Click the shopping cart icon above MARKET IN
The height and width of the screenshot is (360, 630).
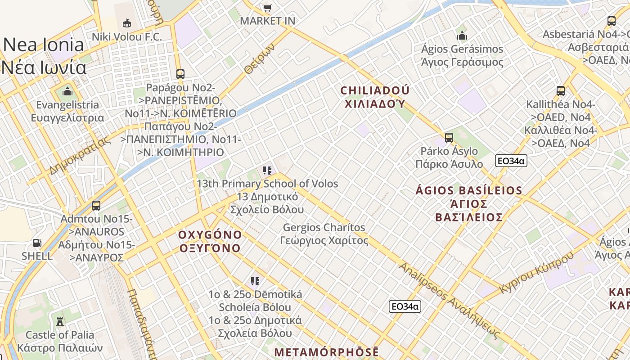(x=267, y=8)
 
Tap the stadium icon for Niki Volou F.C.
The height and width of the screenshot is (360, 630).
(x=127, y=23)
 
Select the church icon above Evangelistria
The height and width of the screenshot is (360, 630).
(x=67, y=92)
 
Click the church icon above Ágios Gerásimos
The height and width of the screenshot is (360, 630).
(x=462, y=36)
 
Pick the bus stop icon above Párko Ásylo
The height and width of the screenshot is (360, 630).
(x=449, y=138)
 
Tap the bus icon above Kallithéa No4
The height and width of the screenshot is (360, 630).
(x=561, y=91)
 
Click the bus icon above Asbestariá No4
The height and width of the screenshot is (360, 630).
(x=611, y=21)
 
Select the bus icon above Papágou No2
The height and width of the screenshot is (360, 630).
(x=180, y=74)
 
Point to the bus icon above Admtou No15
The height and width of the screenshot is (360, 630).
(x=96, y=206)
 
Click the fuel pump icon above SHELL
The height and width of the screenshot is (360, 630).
(x=37, y=243)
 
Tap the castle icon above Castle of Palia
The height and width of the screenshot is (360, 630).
(x=59, y=321)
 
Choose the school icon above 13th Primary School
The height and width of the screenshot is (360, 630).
(x=267, y=171)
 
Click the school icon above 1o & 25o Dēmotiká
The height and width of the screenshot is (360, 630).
(x=255, y=281)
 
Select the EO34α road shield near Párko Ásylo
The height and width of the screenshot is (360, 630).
(x=511, y=161)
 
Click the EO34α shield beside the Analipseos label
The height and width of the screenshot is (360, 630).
(x=405, y=306)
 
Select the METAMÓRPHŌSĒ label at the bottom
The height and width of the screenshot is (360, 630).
(x=326, y=352)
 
